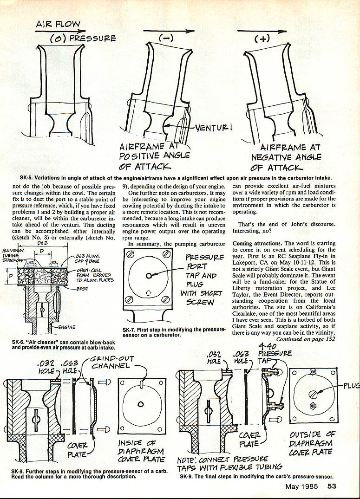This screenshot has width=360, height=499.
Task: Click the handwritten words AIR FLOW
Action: (x=59, y=24)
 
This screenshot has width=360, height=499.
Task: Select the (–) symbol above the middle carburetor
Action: (x=166, y=40)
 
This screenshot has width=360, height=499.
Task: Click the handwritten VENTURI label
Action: (x=215, y=127)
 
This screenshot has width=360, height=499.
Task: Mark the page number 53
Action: (x=332, y=486)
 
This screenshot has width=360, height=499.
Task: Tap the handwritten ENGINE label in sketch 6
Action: (x=67, y=327)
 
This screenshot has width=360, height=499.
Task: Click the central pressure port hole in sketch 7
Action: (x=148, y=275)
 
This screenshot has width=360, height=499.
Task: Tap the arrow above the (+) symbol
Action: (x=262, y=31)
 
